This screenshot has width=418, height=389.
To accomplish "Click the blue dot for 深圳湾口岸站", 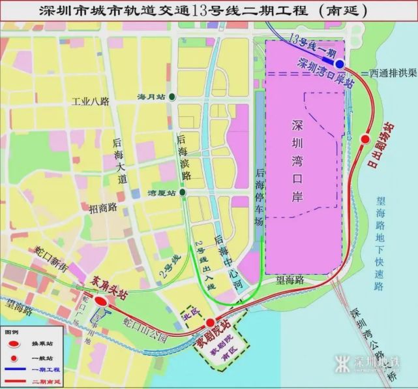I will click(x=340, y=64).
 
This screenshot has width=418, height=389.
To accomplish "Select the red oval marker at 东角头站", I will click(x=101, y=302).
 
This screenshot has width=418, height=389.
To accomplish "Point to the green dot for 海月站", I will click(x=172, y=97).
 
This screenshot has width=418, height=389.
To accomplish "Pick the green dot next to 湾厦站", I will click(x=184, y=193).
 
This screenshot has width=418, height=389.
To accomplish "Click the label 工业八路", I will click(x=91, y=102).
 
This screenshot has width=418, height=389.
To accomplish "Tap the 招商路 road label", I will click(x=103, y=208).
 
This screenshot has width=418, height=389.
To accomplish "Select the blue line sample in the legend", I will click(x=14, y=369).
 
